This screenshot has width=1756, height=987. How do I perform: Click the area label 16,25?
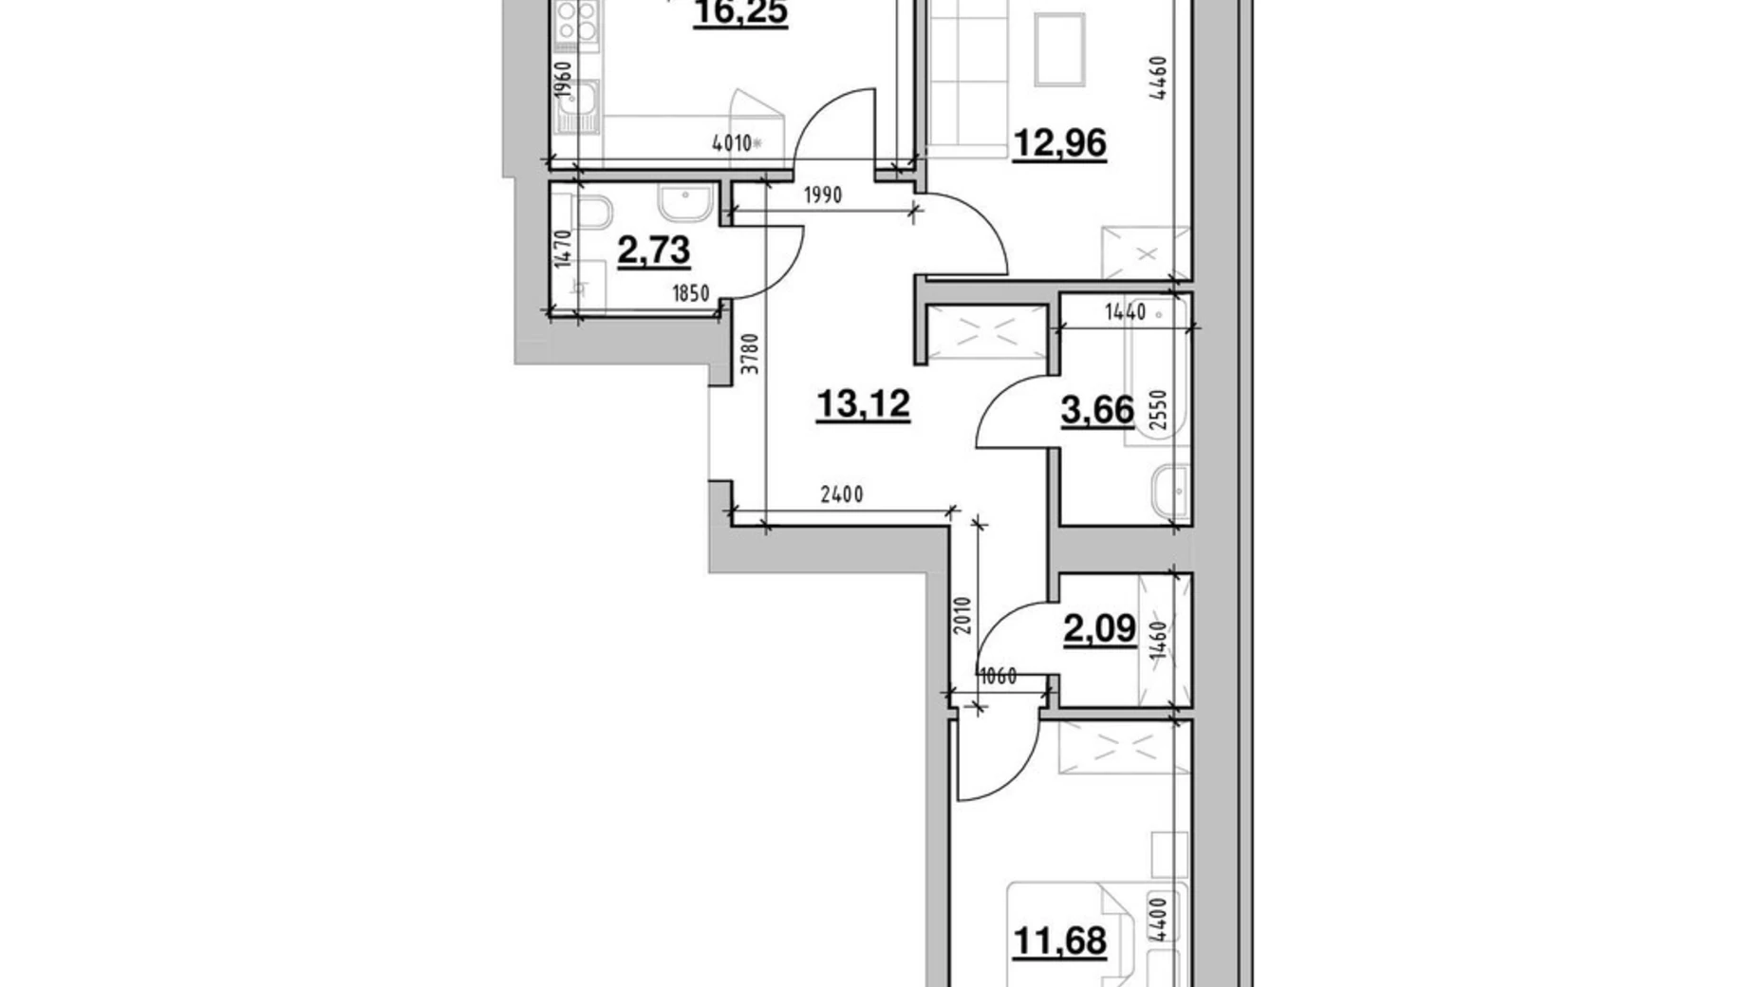pos(739,15)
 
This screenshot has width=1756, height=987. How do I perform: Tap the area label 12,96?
pos(1059,143)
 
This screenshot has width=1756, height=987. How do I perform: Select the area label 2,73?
pos(653,252)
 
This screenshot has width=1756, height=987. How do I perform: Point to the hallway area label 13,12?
pos(863,404)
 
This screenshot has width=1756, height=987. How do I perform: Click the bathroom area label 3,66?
pos(1097,411)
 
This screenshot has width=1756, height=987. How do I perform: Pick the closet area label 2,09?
pos(1100,628)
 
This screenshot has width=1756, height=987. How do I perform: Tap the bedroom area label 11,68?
pos(1059,941)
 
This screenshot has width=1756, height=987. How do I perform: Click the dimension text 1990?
pos(822,196)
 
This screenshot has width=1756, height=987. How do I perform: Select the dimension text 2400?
pos(841,494)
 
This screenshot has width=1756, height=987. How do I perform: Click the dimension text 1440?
pos(1125,312)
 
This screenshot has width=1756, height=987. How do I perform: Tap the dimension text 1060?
pos(998,677)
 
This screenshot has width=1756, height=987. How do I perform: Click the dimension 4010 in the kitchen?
pos(732,144)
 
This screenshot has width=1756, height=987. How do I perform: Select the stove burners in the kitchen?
pos(576,21)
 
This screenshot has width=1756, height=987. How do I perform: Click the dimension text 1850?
pos(690,293)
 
